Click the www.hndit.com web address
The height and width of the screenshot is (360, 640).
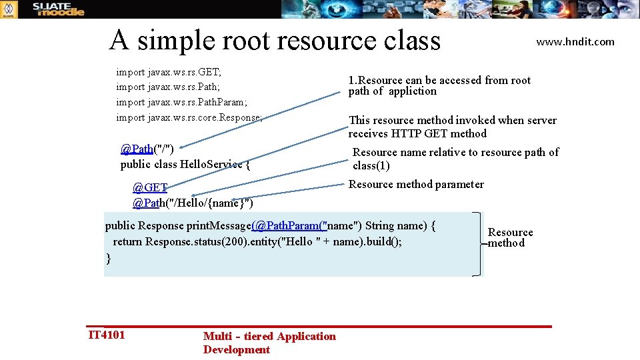pyautogui.click(x=575, y=41)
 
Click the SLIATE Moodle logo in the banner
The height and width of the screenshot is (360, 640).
pyautogui.click(x=59, y=9)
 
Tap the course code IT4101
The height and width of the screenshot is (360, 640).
pyautogui.click(x=107, y=334)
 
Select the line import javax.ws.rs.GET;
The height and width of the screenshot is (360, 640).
pyautogui.click(x=169, y=71)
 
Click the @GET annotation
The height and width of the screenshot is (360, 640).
pyautogui.click(x=149, y=187)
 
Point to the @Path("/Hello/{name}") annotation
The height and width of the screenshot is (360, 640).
pyautogui.click(x=193, y=202)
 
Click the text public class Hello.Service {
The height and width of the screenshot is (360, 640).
pyautogui.click(x=185, y=163)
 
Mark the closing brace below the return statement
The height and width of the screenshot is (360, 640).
pyautogui.click(x=108, y=258)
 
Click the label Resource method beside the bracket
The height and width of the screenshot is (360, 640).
pyautogui.click(x=510, y=237)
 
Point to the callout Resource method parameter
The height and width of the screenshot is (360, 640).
pyautogui.click(x=416, y=184)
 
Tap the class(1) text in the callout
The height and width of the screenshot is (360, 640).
pyautogui.click(x=371, y=165)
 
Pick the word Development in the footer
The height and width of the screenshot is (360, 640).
pyautogui.click(x=237, y=349)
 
